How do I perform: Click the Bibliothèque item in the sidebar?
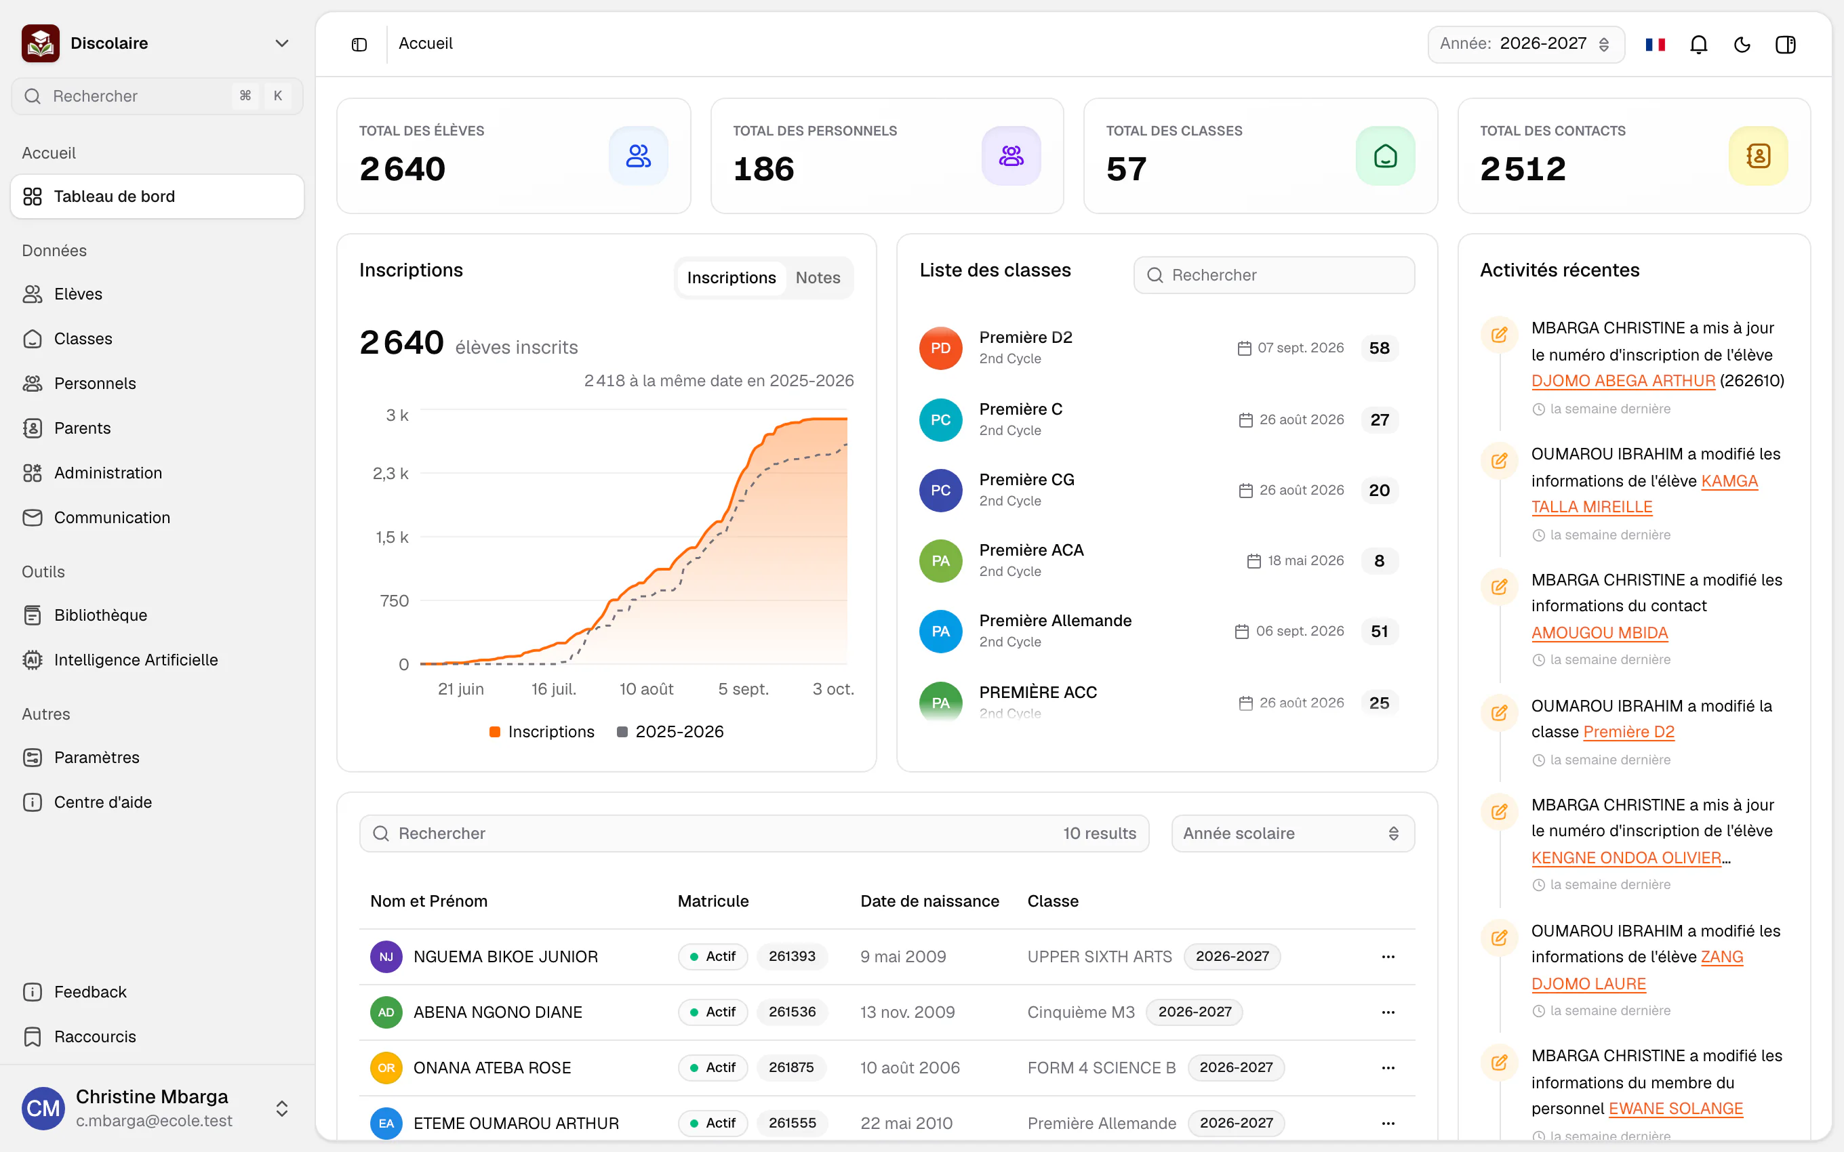point(100,615)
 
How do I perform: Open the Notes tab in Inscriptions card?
point(818,278)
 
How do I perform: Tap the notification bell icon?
point(1698,44)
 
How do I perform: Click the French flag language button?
point(1655,44)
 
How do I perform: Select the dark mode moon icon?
point(1742,44)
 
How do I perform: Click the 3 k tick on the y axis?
point(397,415)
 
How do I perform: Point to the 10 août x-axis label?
point(646,688)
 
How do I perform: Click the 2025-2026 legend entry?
point(670,731)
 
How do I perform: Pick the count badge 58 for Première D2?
point(1379,348)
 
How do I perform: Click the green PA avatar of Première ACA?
point(940,561)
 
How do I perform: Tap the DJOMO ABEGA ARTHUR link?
point(1623,381)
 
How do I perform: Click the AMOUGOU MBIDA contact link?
point(1599,632)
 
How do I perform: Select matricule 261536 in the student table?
point(792,1012)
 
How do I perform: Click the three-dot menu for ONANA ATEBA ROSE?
point(1388,1067)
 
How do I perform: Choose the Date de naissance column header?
point(929,901)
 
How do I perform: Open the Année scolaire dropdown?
point(1292,834)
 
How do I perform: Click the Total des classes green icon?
point(1385,155)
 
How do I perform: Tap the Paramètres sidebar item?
point(97,758)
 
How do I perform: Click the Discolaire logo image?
point(41,43)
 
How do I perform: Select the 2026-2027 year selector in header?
point(1525,44)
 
